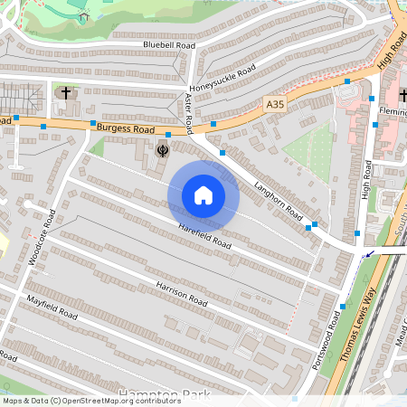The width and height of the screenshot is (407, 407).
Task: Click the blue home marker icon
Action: (203, 195)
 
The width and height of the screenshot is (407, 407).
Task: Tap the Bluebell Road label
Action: (169, 44)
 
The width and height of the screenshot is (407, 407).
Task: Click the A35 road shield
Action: (275, 106)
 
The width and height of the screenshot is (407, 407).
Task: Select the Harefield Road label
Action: (204, 238)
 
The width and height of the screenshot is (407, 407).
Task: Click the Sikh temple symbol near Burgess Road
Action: (164, 150)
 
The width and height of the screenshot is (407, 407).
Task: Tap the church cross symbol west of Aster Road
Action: (64, 92)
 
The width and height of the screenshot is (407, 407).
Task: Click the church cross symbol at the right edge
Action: (402, 93)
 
